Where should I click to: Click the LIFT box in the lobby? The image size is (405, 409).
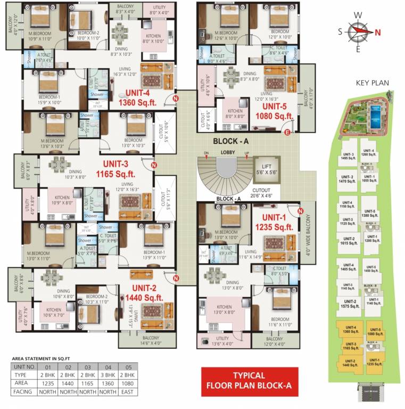coord(266,170)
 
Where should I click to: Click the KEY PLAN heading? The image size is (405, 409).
coord(373,83)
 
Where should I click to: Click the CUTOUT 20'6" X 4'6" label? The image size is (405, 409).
coord(261,193)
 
